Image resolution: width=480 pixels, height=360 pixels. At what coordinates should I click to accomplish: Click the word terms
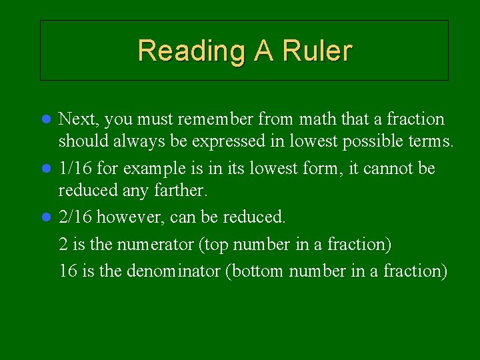[432, 141]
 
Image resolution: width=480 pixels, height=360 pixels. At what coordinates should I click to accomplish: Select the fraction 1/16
[74, 169]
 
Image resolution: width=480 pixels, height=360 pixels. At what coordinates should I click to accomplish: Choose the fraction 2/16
[74, 217]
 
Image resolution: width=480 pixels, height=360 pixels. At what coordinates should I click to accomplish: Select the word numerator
[156, 245]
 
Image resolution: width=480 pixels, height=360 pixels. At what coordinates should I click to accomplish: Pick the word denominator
[161, 271]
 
